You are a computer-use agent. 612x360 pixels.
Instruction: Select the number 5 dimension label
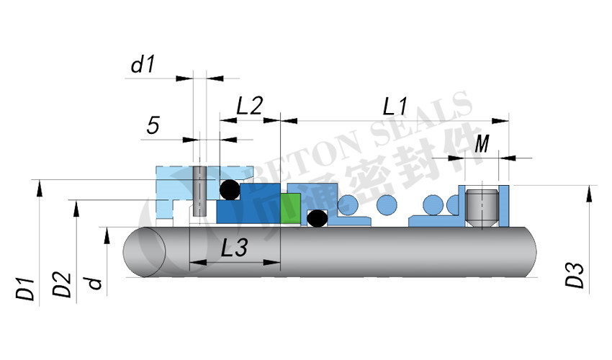click(x=153, y=126)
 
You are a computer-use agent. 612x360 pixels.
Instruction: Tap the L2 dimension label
click(x=250, y=107)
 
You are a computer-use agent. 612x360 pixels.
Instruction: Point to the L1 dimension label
click(x=395, y=107)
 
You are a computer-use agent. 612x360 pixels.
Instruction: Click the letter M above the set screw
click(x=482, y=145)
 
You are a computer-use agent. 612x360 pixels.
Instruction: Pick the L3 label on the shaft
click(x=234, y=248)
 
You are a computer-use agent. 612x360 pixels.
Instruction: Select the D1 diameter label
click(x=25, y=287)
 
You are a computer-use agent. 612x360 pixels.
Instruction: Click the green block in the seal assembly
click(x=291, y=209)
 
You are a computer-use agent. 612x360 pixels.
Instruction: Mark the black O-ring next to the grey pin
click(x=230, y=190)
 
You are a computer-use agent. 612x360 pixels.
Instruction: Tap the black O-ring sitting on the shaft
click(x=316, y=218)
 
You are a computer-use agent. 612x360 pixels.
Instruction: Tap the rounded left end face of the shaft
click(x=145, y=252)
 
